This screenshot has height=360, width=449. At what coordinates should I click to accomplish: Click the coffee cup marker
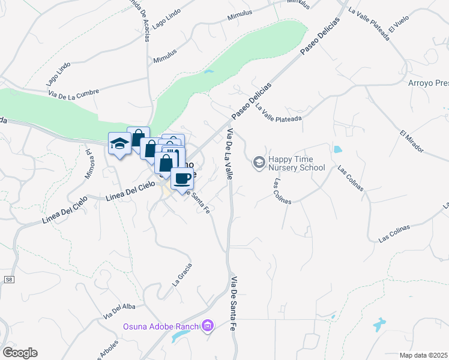pos(182,178)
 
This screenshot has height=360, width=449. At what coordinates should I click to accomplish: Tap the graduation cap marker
pos(119,143)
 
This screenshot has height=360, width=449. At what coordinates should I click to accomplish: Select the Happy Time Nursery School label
pos(297,163)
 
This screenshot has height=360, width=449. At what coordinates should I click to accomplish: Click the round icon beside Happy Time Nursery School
pos(259,162)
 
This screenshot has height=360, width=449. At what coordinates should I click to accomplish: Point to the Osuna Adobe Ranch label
pos(161,327)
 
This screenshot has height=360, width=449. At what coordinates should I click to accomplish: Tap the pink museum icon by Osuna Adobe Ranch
pos(208,326)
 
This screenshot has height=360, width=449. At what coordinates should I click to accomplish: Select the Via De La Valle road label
pos(229,155)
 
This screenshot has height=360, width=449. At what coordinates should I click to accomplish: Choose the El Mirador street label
pos(412,141)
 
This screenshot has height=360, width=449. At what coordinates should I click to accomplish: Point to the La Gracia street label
pos(182,274)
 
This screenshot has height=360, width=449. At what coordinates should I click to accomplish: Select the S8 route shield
pos(9,280)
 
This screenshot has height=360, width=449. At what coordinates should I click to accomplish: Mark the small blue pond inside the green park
pos(208,72)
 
